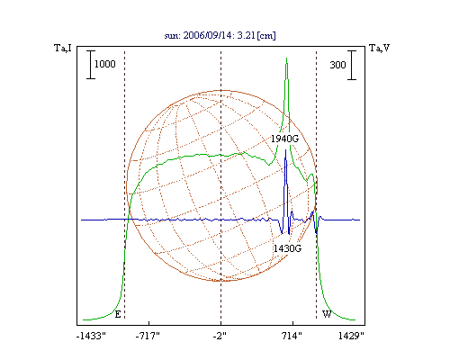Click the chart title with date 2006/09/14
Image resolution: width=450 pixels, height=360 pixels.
[x=220, y=35]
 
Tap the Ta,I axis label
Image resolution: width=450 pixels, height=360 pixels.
[x=63, y=48]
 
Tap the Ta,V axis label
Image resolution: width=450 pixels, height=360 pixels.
[x=380, y=48]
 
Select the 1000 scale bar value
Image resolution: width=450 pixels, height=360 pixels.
[x=105, y=64]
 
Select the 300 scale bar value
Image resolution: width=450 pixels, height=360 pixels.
[x=337, y=65]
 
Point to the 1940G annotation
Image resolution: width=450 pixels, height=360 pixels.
[x=285, y=139]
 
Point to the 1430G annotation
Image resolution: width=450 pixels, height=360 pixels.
[x=287, y=248]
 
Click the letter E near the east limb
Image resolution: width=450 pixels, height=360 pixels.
[x=118, y=314]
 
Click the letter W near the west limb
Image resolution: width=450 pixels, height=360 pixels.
[x=327, y=314]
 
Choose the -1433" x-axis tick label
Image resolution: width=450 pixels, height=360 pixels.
[x=91, y=336]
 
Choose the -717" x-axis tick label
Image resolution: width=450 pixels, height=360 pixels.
[x=148, y=336]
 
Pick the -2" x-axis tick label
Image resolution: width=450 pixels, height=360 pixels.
[x=220, y=336]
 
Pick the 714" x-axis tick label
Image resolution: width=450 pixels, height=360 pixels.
[x=292, y=336]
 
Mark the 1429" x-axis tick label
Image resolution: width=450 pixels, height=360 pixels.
[x=351, y=336]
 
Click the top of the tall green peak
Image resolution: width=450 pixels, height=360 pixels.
[x=287, y=58]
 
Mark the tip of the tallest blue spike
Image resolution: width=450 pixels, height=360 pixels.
[x=285, y=149]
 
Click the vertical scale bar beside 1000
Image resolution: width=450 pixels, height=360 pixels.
[x=91, y=65]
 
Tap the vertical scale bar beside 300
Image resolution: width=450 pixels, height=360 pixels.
[x=352, y=65]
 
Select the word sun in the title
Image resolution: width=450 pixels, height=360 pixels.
[x=171, y=36]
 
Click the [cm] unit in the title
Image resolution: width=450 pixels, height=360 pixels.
[x=266, y=36]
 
